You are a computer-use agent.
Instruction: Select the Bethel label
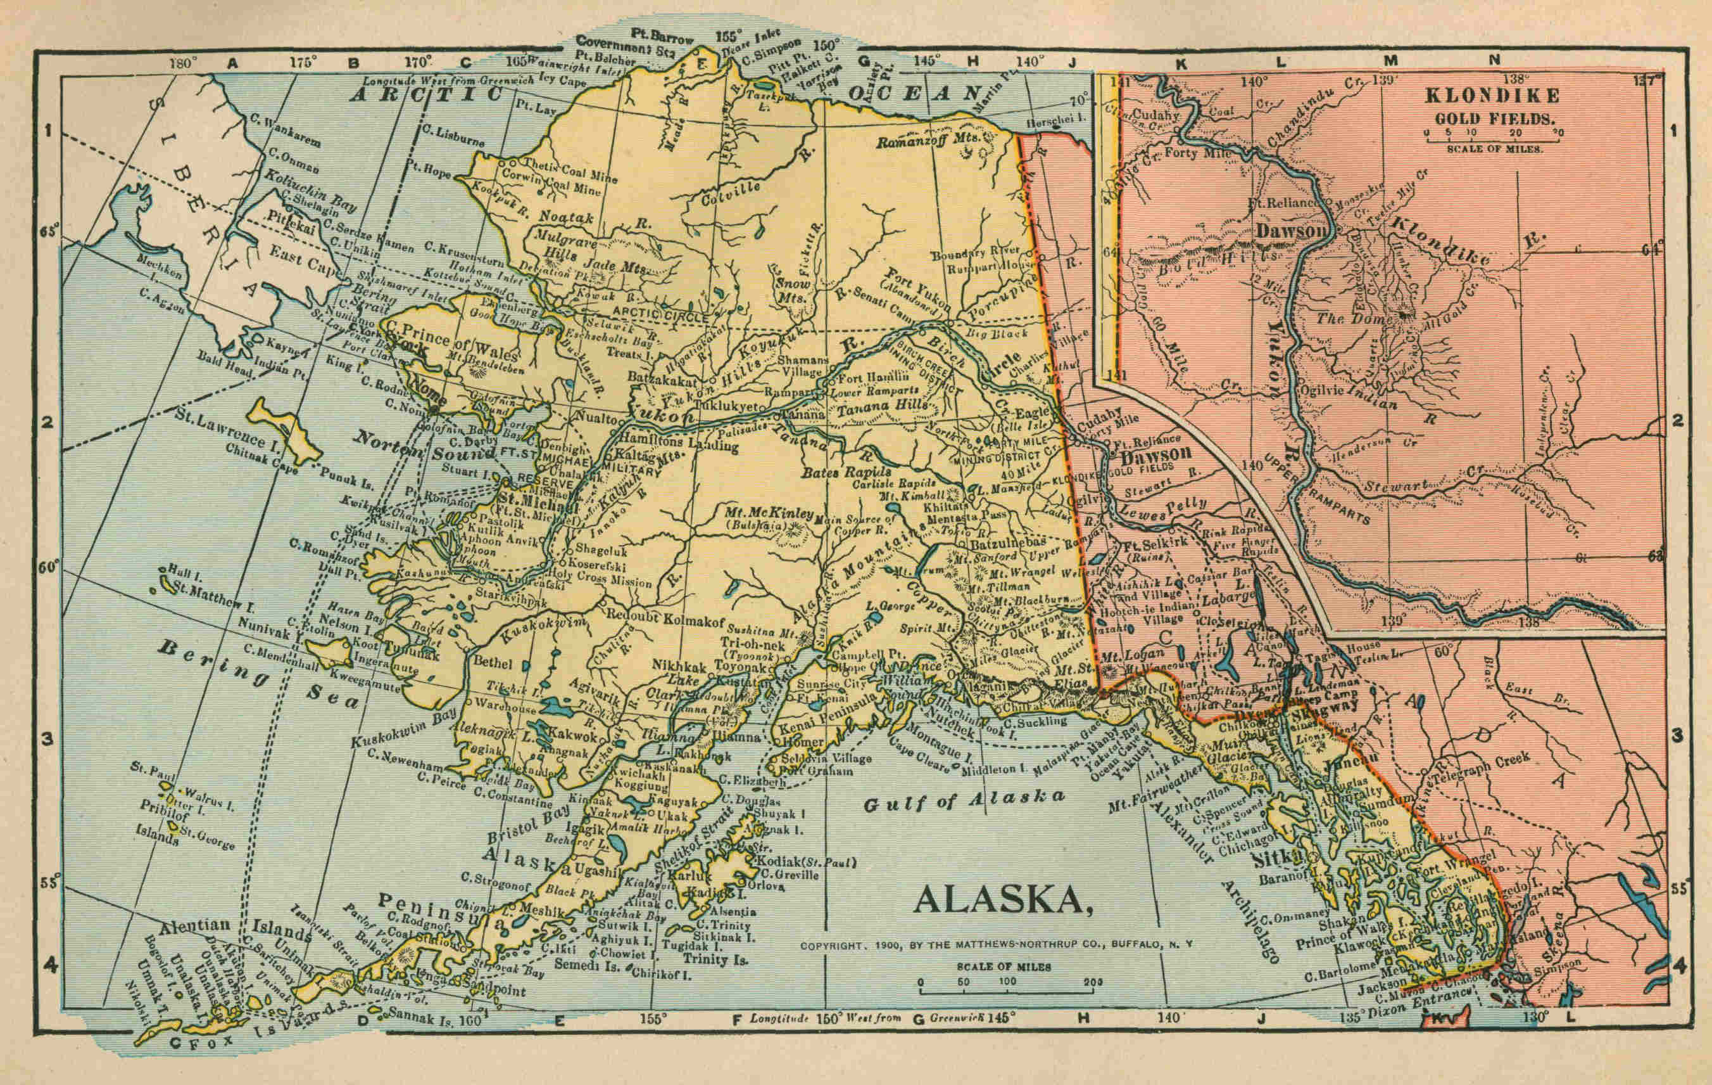coord(493,663)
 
